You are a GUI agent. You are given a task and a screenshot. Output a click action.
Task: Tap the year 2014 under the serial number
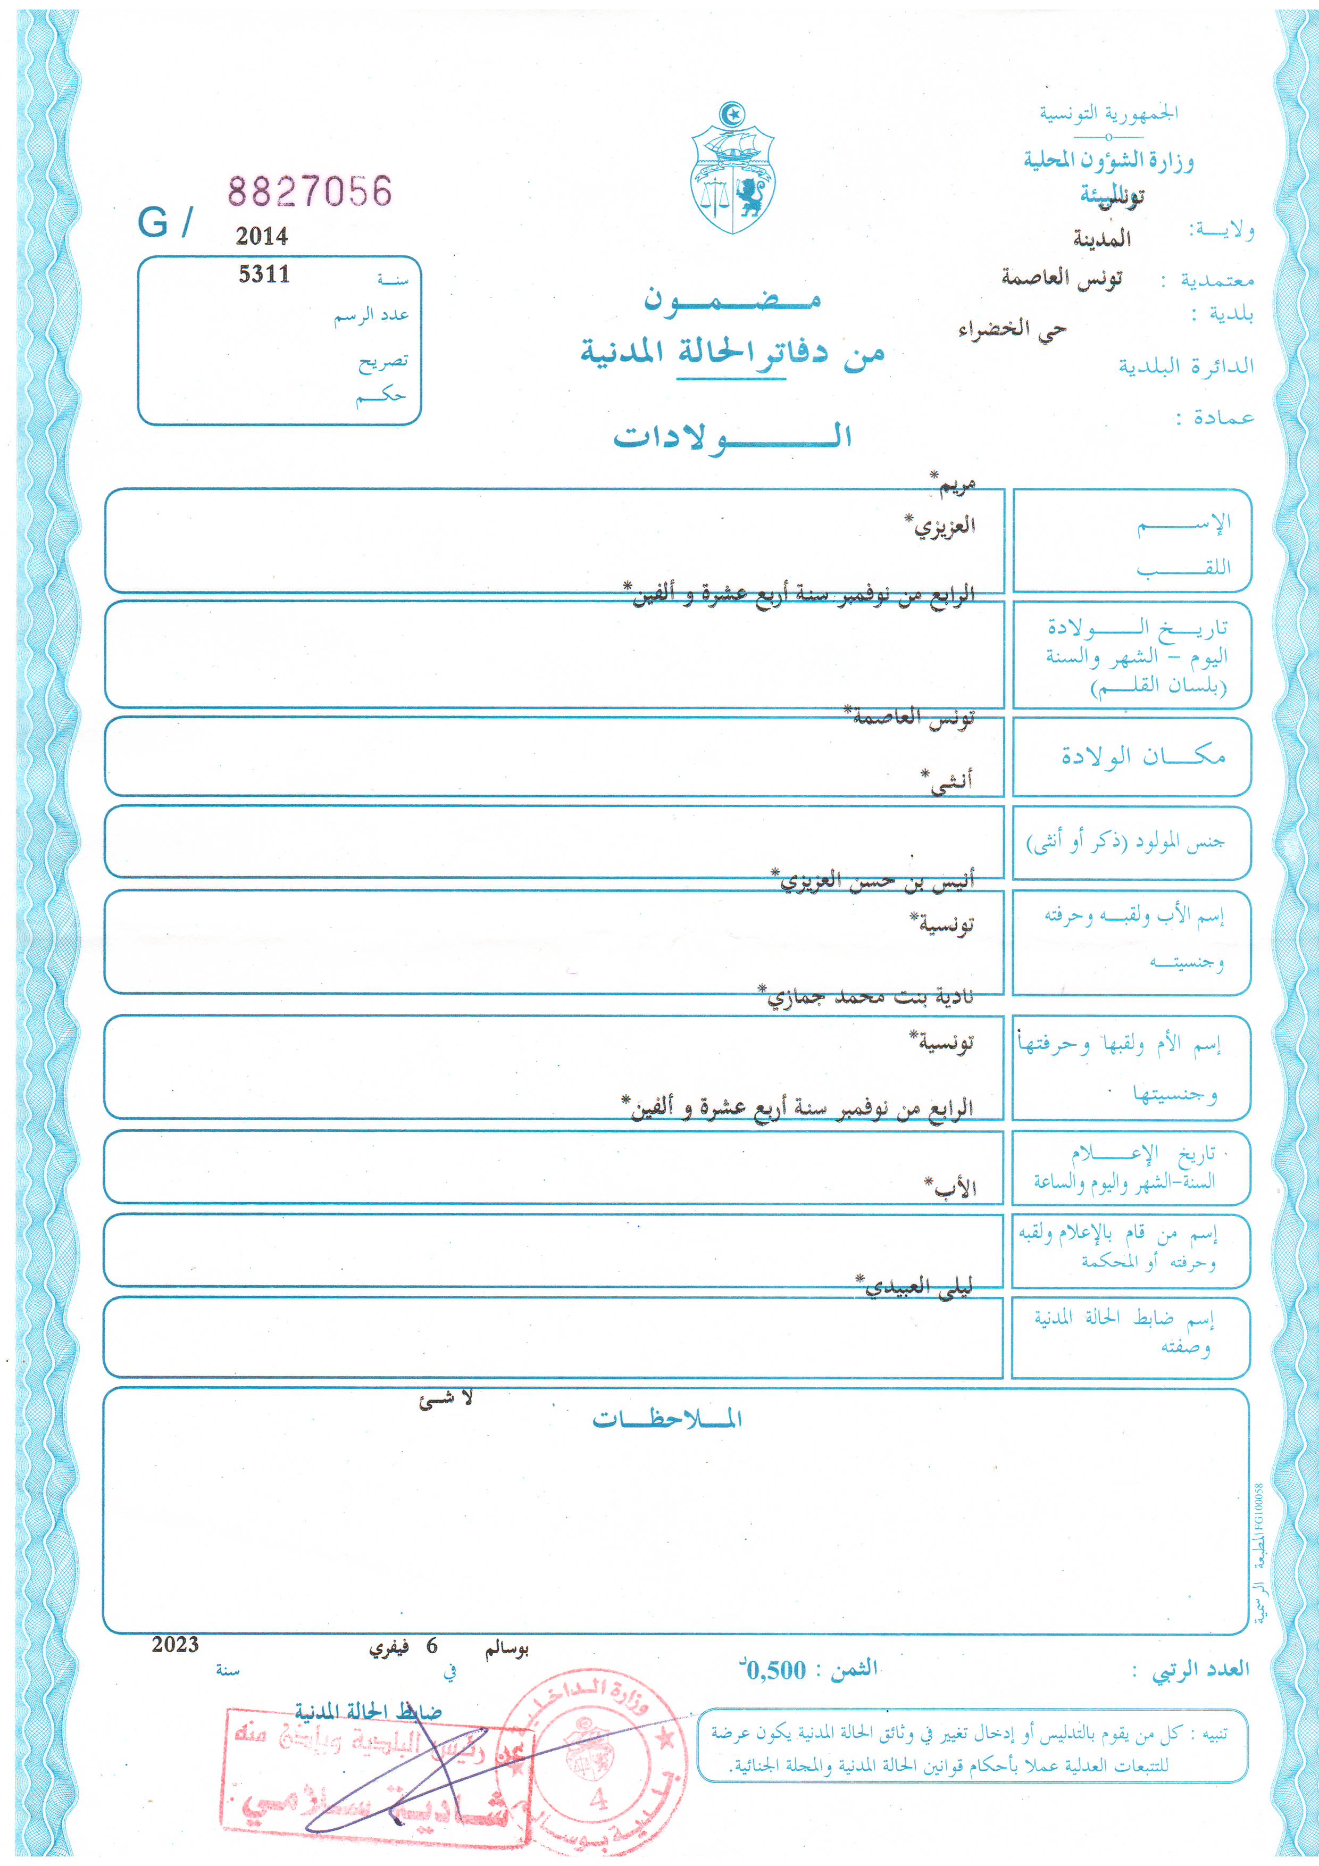pos(262,237)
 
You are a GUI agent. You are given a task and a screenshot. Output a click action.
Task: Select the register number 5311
pos(264,274)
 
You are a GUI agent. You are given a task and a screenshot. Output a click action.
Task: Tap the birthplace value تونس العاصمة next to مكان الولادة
pos(913,718)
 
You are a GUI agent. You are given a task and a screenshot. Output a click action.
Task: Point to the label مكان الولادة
pos(1142,756)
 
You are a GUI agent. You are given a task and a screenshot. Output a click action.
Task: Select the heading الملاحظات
pos(666,1419)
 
